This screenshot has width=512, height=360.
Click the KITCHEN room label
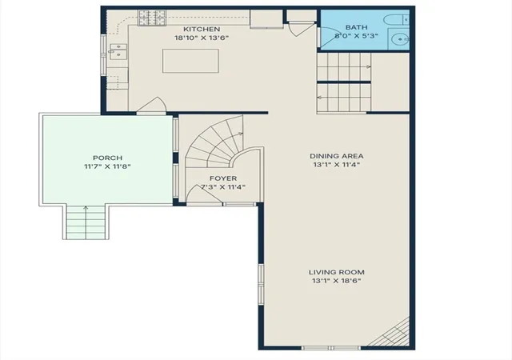pos(202,29)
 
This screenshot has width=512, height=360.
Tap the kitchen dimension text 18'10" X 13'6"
pos(202,38)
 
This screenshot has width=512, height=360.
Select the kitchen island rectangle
pos(190,61)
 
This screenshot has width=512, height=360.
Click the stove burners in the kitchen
pos(152,18)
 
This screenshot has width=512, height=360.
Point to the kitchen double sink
pos(118,51)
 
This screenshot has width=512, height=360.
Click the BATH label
pos(356,27)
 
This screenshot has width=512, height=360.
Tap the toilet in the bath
pos(396,20)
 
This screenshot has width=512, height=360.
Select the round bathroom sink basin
pos(400,39)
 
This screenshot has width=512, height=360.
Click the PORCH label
pos(107,158)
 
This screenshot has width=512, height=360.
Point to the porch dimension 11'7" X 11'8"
pos(107,166)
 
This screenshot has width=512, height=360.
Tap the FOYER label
pos(223,178)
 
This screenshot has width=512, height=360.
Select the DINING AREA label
pos(336,156)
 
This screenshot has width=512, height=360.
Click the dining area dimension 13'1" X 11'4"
pos(336,165)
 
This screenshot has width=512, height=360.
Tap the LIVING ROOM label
pos(336,272)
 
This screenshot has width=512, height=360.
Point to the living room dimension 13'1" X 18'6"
pos(336,281)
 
